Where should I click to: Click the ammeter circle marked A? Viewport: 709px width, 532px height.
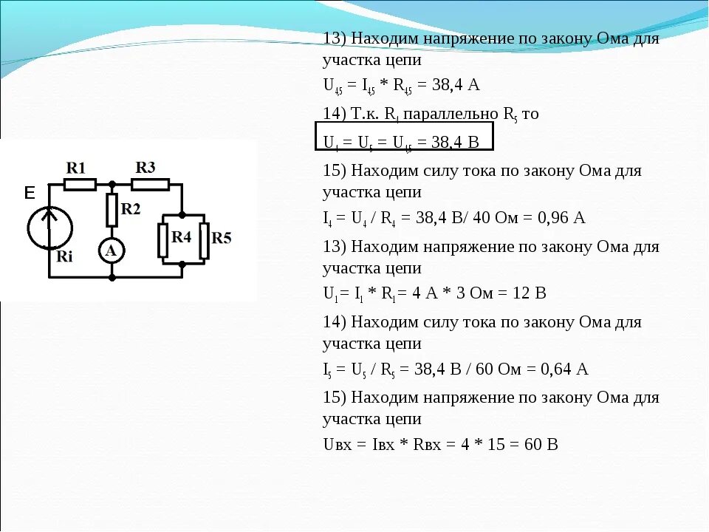point(112,251)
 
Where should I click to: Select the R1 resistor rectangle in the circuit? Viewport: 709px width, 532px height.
point(80,184)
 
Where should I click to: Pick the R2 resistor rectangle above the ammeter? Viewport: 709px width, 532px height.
point(112,210)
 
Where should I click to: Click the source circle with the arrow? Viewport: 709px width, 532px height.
point(50,226)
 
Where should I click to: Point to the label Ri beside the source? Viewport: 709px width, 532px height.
point(65,257)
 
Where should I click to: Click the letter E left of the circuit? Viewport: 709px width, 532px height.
point(30,194)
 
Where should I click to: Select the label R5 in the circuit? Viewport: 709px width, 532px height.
point(222,238)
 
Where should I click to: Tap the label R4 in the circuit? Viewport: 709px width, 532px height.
point(182,236)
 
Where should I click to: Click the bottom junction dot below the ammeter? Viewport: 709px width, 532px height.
point(112,278)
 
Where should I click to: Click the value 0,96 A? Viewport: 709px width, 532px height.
point(564,218)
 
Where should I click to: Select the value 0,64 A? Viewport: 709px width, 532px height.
point(566,369)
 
